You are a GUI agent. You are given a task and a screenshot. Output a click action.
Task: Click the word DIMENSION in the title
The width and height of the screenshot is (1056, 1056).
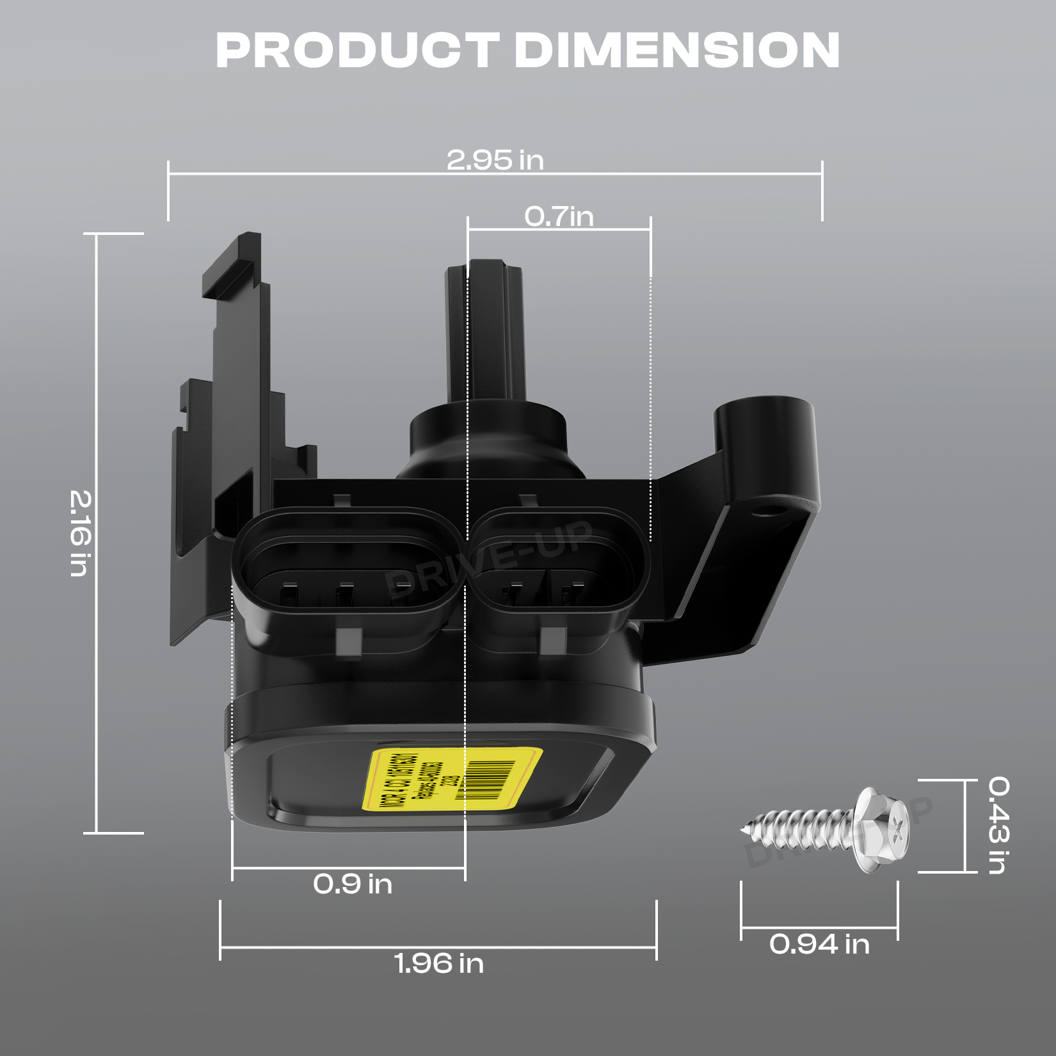(677, 50)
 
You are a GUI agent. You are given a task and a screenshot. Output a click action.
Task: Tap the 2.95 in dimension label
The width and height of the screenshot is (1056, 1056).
(495, 160)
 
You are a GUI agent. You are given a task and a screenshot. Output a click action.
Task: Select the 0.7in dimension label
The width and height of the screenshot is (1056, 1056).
(559, 216)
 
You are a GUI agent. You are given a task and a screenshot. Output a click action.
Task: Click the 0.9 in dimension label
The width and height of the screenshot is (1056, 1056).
(353, 884)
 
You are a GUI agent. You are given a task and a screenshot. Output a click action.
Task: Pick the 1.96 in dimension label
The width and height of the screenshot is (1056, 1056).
(439, 964)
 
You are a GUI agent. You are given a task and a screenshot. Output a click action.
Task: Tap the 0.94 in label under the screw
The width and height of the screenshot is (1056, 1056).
(819, 944)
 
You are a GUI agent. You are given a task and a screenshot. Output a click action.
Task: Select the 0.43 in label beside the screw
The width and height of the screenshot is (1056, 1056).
(998, 825)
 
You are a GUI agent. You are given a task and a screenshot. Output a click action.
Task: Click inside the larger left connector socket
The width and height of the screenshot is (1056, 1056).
(346, 579)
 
